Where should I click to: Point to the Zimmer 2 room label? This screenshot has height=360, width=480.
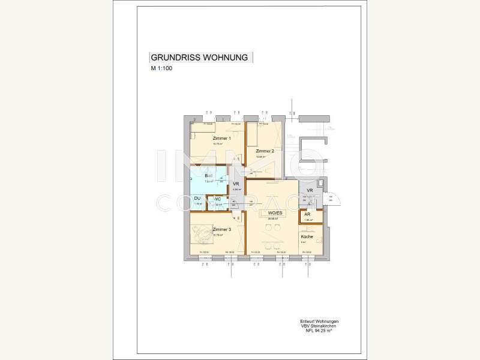click(265, 151)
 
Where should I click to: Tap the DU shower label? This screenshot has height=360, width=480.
click(197, 199)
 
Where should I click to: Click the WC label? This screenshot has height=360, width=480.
click(218, 199)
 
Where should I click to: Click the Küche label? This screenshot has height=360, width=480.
click(307, 237)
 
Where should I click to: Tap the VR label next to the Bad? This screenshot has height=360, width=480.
click(236, 184)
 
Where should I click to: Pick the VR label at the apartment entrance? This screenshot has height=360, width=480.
click(310, 191)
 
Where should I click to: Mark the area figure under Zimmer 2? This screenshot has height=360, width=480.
click(261, 157)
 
